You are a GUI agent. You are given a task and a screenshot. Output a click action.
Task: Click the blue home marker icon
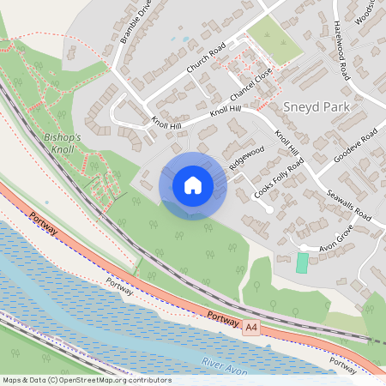pyautogui.click(x=192, y=185)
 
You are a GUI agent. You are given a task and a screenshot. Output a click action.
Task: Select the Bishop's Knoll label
pyautogui.click(x=61, y=142)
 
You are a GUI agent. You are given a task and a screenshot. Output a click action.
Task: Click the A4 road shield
pyautogui.click(x=250, y=328)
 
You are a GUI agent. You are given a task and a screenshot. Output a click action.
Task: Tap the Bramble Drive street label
pyautogui.click(x=136, y=21)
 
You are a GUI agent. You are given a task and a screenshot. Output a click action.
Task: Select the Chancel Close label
pyautogui.click(x=252, y=84)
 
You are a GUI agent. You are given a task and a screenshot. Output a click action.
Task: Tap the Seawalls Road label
pyautogui.click(x=348, y=203)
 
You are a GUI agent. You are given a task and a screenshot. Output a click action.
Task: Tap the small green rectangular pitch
pyautogui.click(x=302, y=263)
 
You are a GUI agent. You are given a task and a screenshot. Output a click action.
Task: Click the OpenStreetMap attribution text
pyautogui.click(x=86, y=380)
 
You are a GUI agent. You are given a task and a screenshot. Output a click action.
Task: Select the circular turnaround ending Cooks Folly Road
pyautogui.click(x=268, y=208)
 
